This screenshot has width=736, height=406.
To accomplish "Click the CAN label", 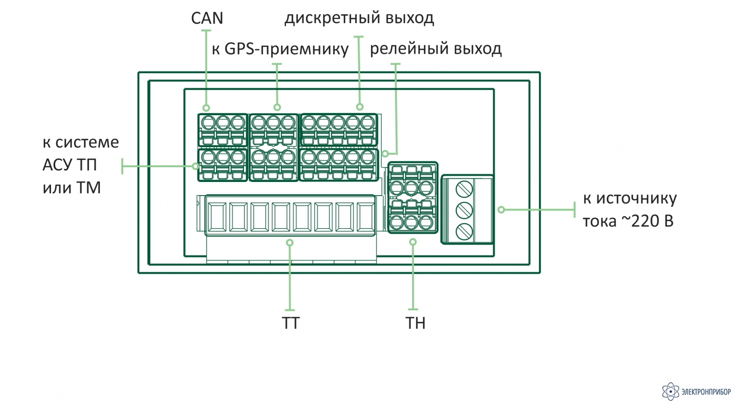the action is click(x=207, y=18).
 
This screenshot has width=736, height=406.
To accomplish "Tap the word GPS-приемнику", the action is click(x=287, y=49).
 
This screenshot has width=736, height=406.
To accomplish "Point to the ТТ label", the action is click(x=291, y=323).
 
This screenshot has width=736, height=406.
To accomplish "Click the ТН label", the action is click(x=415, y=323).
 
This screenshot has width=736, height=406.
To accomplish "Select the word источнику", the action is click(x=637, y=199).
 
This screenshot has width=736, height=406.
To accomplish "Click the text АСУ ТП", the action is click(x=69, y=165).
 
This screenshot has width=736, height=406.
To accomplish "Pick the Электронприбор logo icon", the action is click(x=671, y=391).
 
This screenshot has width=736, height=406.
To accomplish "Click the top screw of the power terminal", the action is click(x=464, y=189).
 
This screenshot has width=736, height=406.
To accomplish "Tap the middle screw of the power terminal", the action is click(x=464, y=210).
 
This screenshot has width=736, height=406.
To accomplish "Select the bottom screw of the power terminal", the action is click(x=464, y=231).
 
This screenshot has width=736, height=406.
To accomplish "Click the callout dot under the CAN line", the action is click(x=206, y=107).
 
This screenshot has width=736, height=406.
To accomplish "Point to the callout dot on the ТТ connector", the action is click(x=290, y=242).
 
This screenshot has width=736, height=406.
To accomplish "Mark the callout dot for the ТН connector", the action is click(x=413, y=242).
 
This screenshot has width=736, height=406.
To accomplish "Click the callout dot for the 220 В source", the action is click(x=501, y=209).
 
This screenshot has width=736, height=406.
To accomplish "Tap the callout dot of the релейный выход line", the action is click(x=385, y=154).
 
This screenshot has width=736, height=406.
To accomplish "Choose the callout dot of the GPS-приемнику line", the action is click(x=277, y=107).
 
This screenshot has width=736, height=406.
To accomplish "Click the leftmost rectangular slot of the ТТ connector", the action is click(x=217, y=217).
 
